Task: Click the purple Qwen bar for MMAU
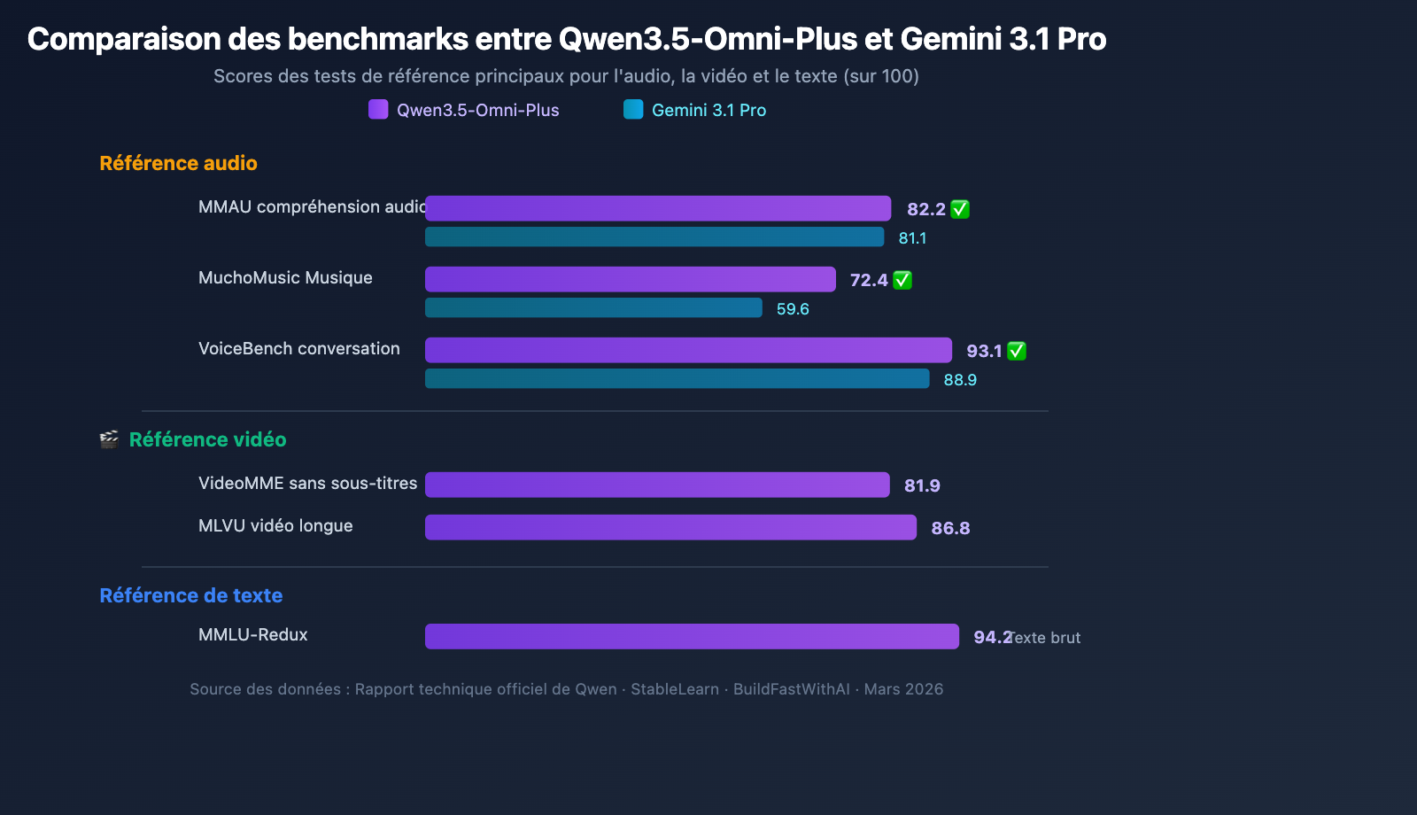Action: tap(657, 208)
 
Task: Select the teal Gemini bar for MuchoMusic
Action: tap(593, 307)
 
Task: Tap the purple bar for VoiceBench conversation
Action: tap(688, 350)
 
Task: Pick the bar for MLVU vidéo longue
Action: tap(670, 527)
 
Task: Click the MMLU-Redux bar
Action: tap(692, 636)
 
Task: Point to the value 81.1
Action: tap(912, 238)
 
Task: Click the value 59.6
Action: tap(793, 309)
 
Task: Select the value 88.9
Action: tap(960, 380)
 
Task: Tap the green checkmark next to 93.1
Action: tap(1017, 351)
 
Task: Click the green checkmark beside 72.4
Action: tap(902, 280)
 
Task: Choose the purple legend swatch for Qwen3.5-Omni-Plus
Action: tap(378, 110)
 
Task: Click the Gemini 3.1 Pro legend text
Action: tap(708, 110)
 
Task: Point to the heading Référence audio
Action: tap(178, 163)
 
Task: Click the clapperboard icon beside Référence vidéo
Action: tap(109, 439)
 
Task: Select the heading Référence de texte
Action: tap(190, 595)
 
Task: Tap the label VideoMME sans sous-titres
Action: tap(307, 483)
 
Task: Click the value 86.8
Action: tap(950, 528)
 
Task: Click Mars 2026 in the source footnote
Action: tap(903, 689)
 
